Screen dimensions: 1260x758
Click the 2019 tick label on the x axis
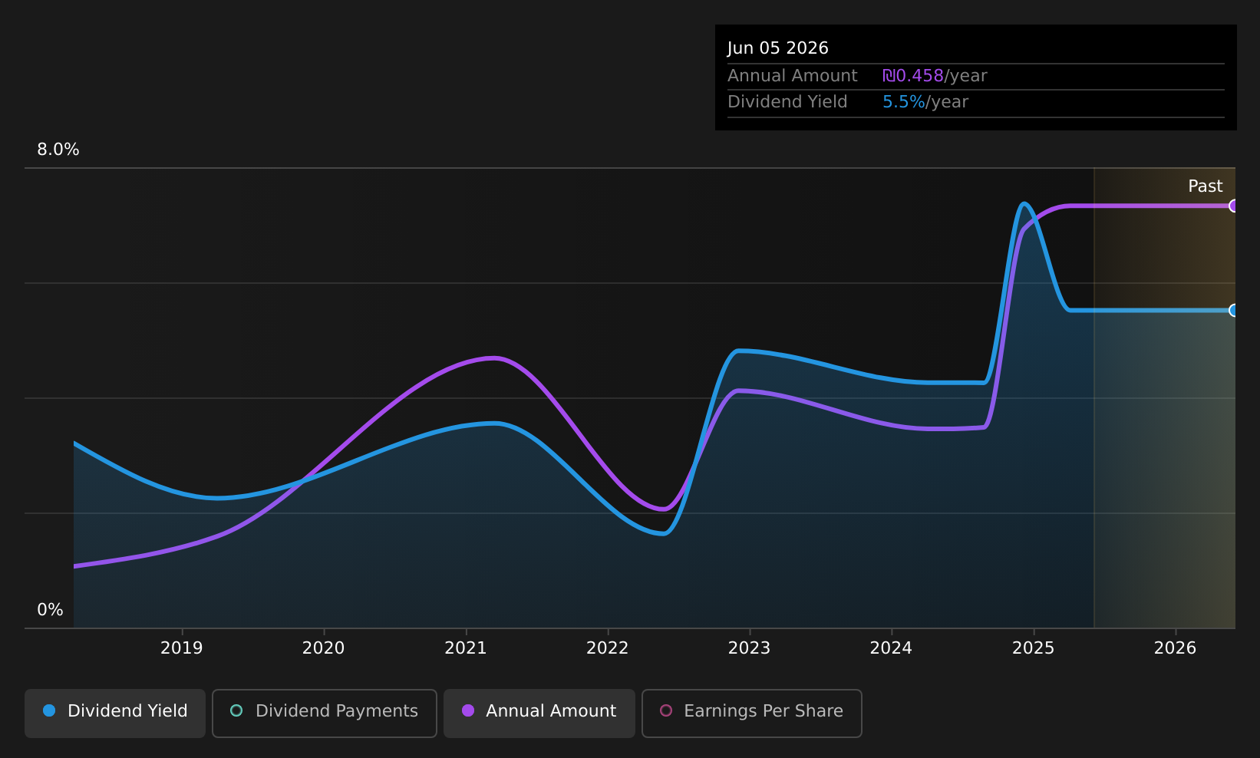[182, 648]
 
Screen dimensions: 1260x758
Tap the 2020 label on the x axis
[323, 648]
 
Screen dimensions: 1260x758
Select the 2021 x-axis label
[466, 648]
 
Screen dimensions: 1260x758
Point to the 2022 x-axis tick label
[608, 648]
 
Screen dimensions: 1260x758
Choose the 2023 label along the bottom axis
[749, 648]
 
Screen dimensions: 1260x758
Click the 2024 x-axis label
[891, 648]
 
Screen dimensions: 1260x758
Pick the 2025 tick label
[1034, 648]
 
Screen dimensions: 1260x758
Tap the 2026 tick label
[1175, 648]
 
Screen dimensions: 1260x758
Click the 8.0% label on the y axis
[58, 150]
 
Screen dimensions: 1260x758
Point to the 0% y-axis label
[50, 610]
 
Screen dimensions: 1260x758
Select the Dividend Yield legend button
[115, 713]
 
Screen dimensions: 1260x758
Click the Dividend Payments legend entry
[325, 713]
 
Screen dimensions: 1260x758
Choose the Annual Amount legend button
[539, 713]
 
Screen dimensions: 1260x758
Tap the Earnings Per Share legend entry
[752, 713]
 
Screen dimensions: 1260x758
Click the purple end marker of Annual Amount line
[1234, 206]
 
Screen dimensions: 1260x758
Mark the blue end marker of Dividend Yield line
[1234, 311]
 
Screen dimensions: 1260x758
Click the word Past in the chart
[1205, 186]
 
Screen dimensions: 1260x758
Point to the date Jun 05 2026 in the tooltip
[778, 48]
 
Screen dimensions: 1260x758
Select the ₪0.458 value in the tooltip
[913, 76]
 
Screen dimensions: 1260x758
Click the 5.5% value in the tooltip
[903, 102]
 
